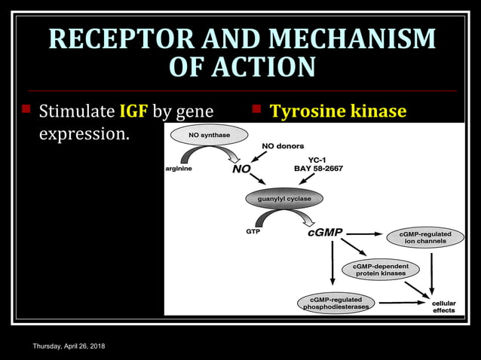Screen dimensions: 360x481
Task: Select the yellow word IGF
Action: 134,112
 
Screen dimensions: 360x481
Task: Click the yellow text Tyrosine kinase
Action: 338,112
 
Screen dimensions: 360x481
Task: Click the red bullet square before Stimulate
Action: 26,110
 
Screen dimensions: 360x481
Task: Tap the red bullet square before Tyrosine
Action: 256,110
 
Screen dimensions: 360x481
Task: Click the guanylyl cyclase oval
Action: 284,199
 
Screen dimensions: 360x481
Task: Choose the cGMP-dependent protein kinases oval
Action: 380,270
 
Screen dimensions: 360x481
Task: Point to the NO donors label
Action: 283,146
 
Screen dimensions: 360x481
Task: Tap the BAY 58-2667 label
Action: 318,169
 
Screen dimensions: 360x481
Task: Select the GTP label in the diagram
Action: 253,232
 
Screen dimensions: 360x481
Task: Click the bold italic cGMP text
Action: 325,233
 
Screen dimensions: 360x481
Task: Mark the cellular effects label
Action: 443,307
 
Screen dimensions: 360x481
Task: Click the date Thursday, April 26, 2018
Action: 69,346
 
